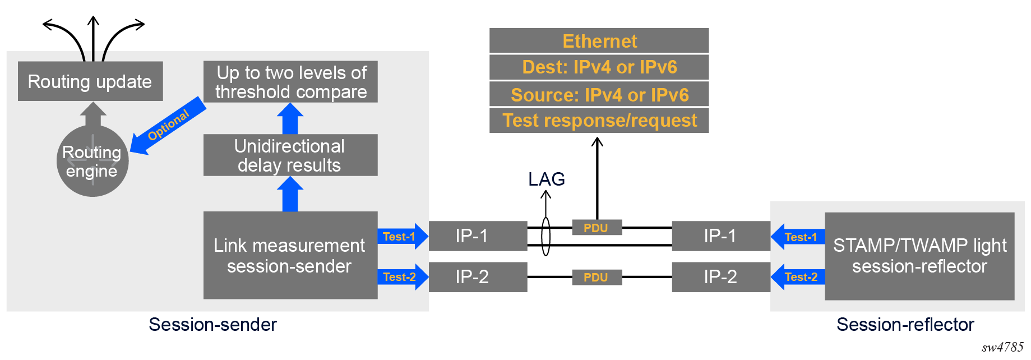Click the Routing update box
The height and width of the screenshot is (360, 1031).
coord(90,81)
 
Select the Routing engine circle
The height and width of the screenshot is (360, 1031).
coord(93,161)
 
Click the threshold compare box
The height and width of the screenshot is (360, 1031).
coord(290,82)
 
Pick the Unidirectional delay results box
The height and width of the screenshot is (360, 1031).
coord(290,155)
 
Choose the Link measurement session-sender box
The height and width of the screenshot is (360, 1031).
coord(290,255)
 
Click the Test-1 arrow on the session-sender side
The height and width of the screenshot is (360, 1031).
coord(402,237)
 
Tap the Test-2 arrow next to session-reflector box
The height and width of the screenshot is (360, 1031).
coord(798,277)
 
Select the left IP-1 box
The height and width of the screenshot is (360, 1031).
coord(478,236)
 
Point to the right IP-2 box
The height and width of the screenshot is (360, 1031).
coord(721,277)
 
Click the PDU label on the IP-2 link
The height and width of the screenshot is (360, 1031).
coord(597,278)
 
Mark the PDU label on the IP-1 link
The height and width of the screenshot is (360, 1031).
coord(597,228)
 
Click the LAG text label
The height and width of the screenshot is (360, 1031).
coord(546,179)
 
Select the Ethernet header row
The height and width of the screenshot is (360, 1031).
coord(599,41)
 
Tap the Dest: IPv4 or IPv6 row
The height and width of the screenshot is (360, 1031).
coord(599,67)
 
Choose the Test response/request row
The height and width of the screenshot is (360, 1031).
coord(599,121)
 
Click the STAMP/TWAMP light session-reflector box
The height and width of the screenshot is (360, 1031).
coord(919,256)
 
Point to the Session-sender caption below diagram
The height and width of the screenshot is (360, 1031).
coord(212,325)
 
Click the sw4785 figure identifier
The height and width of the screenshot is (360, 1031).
coord(1002,348)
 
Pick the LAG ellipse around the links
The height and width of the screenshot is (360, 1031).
coord(546,237)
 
